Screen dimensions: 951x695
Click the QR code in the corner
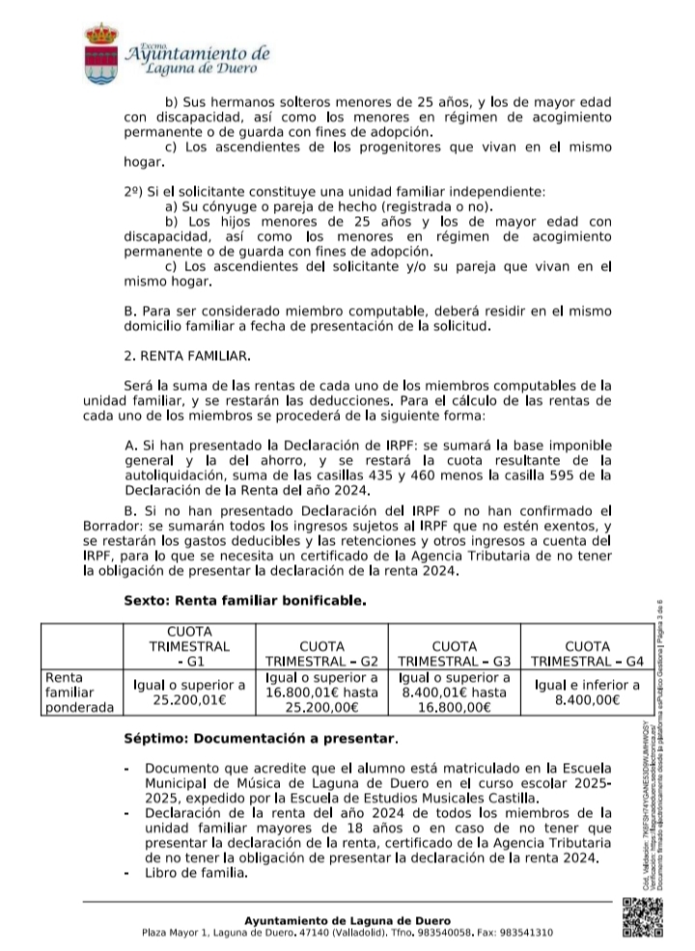pos(642,917)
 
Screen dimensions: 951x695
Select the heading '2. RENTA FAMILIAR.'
pos(187,356)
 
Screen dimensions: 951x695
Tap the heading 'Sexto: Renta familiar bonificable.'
pos(245,600)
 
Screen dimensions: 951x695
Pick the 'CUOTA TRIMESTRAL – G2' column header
pos(321,653)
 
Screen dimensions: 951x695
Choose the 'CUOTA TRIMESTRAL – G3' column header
pos(453,653)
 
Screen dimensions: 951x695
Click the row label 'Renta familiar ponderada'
pos(78,693)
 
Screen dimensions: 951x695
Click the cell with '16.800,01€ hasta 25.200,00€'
pos(321,693)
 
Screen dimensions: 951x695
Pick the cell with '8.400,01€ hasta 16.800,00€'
pos(453,693)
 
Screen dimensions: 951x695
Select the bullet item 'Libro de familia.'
pos(196,874)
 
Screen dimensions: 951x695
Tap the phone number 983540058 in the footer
pos(440,934)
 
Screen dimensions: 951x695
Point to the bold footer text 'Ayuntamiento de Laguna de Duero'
pos(347,920)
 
